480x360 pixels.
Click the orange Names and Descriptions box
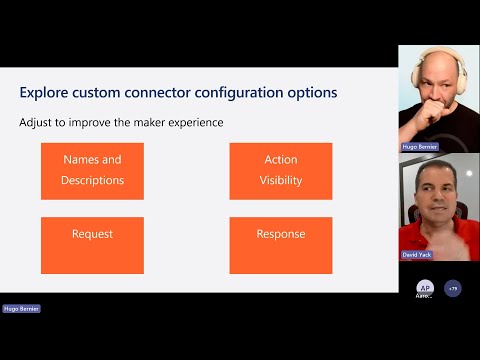[x=92, y=170]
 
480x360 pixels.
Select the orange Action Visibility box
[x=282, y=170]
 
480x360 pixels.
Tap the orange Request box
[x=92, y=245]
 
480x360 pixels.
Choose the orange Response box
[x=282, y=245]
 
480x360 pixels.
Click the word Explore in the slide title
[x=44, y=93]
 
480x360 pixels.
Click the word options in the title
[x=309, y=93]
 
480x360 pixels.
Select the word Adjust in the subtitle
[x=36, y=123]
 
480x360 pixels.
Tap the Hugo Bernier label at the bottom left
[x=21, y=309]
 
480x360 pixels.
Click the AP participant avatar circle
[x=425, y=287]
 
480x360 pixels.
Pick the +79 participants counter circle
[x=453, y=287]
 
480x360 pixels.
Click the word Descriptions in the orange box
[x=92, y=181]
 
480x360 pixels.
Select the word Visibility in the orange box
[x=282, y=181]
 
